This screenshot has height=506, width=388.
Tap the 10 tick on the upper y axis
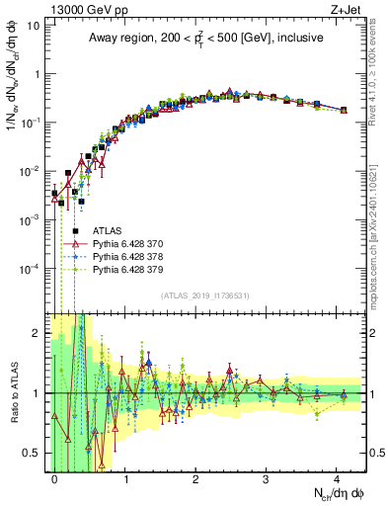point(32,25)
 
